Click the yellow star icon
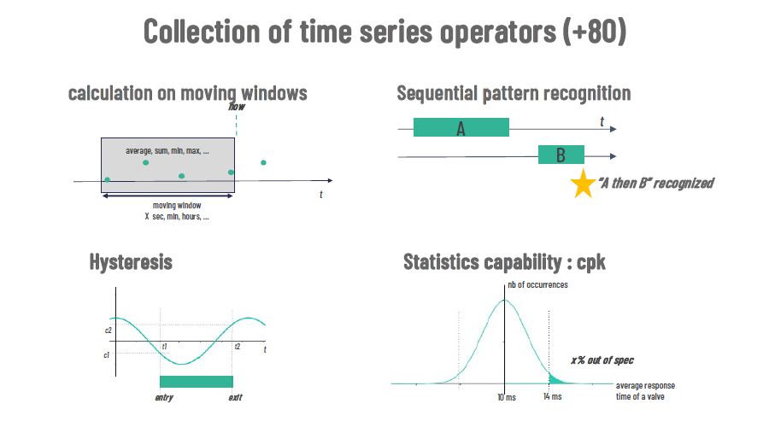[583, 184]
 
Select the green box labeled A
[461, 127]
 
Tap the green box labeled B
[561, 155]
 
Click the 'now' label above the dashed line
[237, 107]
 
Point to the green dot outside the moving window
[263, 163]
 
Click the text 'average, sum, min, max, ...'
[167, 151]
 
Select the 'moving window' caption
[177, 206]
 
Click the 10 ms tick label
[507, 397]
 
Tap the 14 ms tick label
[552, 396]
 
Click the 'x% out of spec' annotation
[602, 360]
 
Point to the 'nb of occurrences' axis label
[537, 285]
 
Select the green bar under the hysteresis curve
[197, 382]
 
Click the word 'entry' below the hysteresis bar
[164, 398]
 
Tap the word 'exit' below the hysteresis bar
[236, 398]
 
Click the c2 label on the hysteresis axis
[108, 330]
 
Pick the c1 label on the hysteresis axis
[107, 355]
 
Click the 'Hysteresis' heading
[131, 262]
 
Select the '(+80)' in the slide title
[595, 32]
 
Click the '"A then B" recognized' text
[655, 184]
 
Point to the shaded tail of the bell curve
[555, 380]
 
